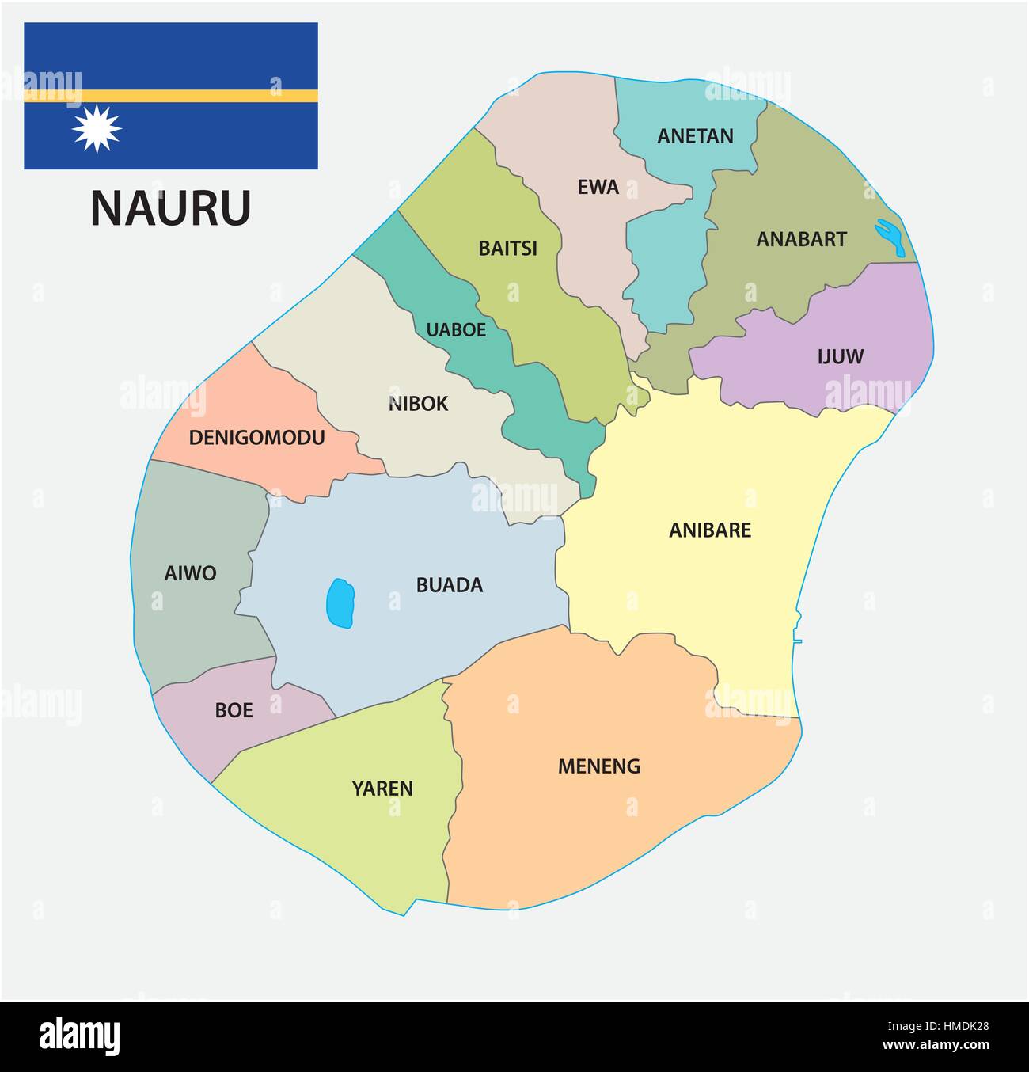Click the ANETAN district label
pos(695,136)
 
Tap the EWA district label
pos(598,188)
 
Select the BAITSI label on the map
pos(507,249)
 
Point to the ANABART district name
pos(801,239)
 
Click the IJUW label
pos(840,357)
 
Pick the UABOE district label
pos(456,329)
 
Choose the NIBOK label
pos(418,404)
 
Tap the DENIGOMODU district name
pos(256,437)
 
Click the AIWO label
pos(190,573)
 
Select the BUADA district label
pos(449,585)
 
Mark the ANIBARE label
pos(709,530)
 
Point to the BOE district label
pos(234,710)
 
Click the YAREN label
pos(382,789)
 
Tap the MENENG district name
pos(598,766)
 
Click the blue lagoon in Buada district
pos(340,603)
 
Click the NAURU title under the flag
pos(170,208)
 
